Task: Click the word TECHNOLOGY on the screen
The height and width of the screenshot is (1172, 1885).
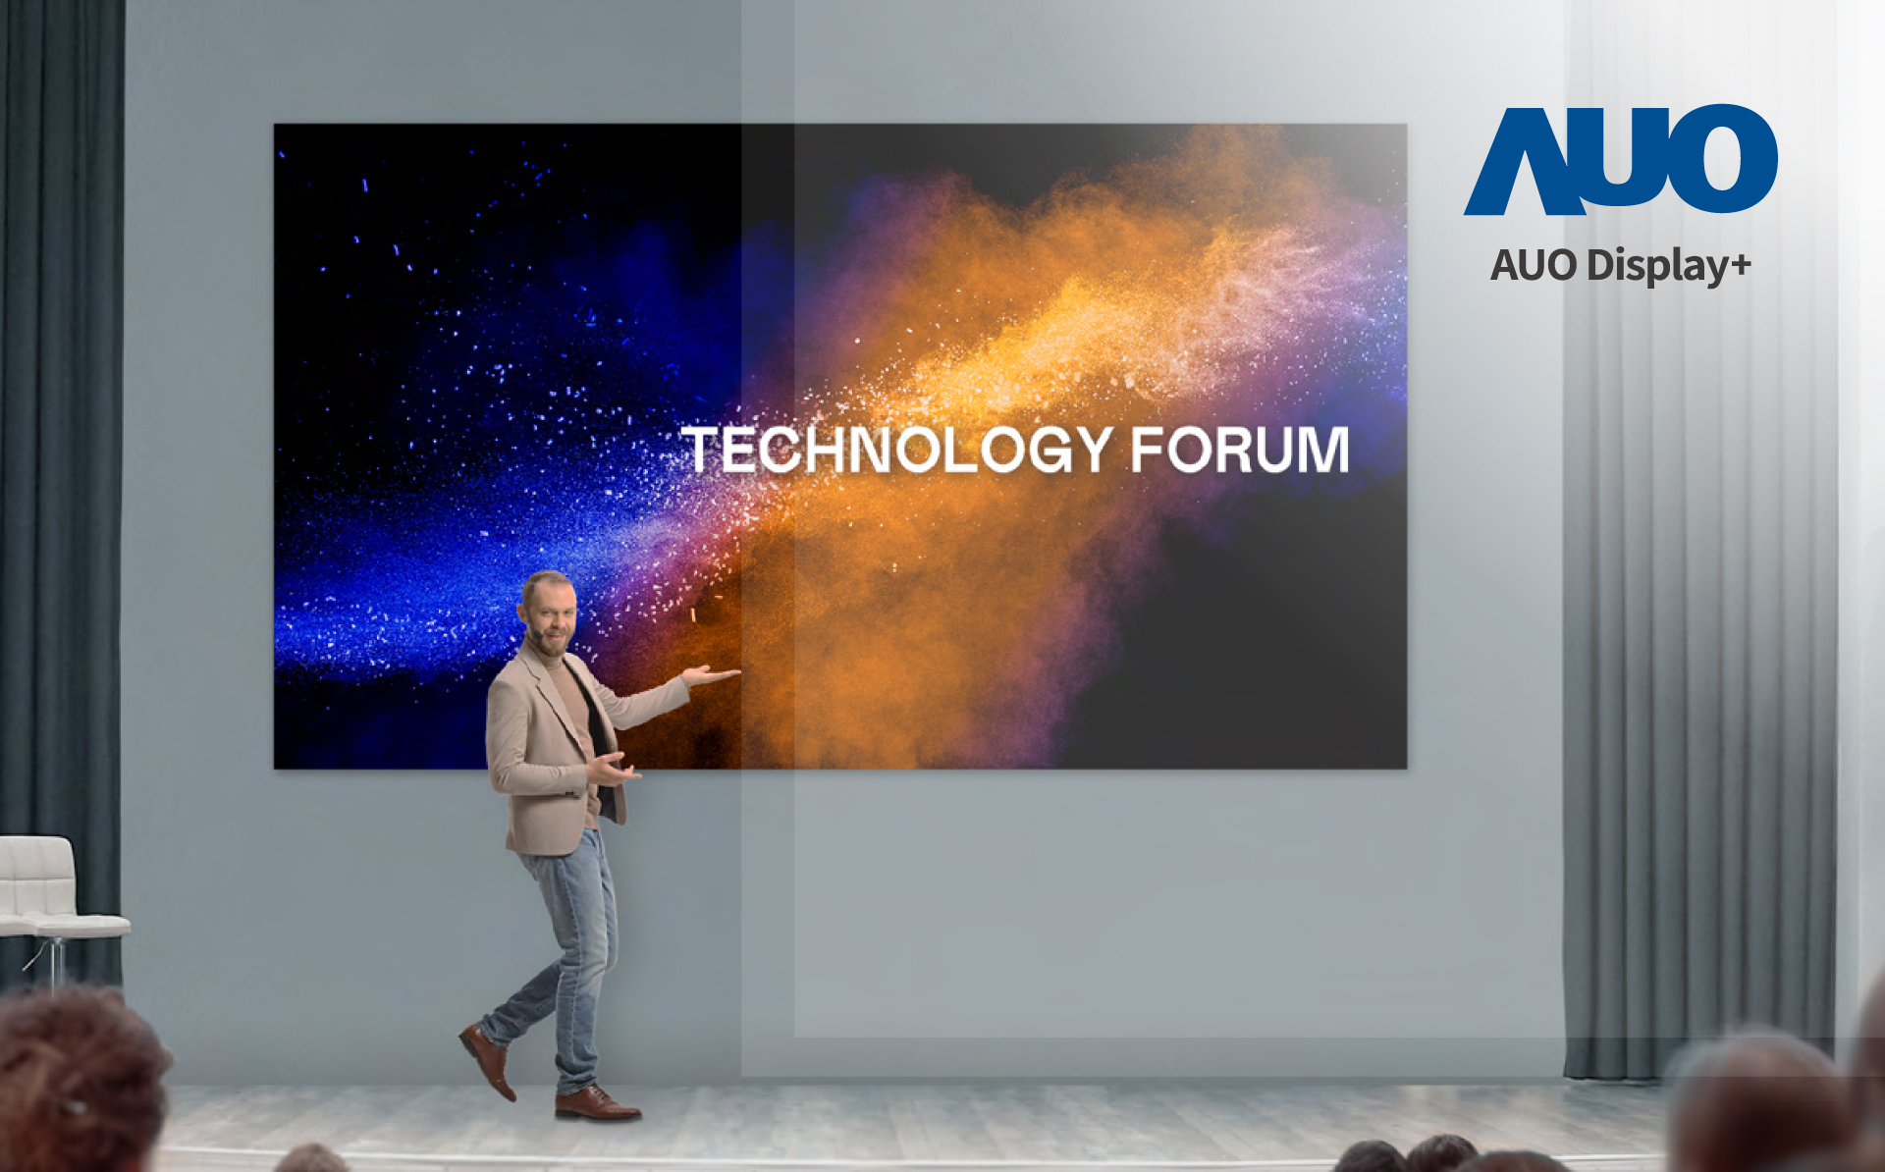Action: pos(897,451)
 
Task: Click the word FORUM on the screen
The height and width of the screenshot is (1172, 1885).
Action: pos(1240,450)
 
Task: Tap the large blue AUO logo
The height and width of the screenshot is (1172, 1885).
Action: pos(1621,160)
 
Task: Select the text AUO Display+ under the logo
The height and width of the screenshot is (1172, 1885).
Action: pos(1621,266)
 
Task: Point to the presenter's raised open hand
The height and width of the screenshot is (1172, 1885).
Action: pos(713,674)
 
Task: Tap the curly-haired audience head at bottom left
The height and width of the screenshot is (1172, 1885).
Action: pos(79,1080)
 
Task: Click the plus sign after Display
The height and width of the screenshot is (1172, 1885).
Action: pos(1741,266)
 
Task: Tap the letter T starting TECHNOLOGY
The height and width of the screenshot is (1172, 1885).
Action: pos(703,450)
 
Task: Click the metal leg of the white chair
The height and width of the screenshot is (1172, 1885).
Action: pos(54,962)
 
